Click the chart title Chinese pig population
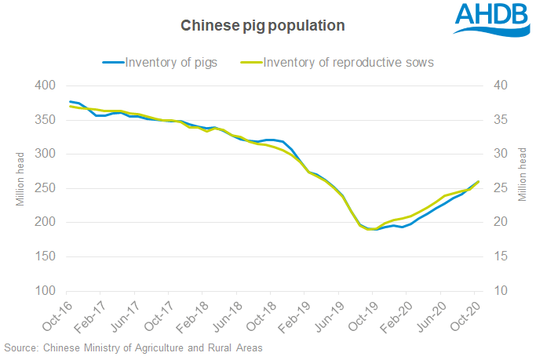pyautogui.click(x=263, y=26)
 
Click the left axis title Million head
pyautogui.click(x=21, y=179)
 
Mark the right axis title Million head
pyautogui.click(x=522, y=179)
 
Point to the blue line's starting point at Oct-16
pyautogui.click(x=71, y=101)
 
